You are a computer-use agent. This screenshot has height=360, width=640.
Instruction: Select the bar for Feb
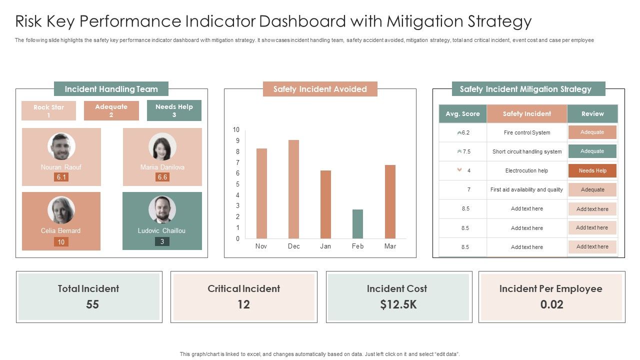tap(357, 224)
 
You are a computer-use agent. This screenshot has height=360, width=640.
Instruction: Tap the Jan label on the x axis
tap(325, 246)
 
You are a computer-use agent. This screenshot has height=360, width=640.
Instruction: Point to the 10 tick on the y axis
tap(236, 129)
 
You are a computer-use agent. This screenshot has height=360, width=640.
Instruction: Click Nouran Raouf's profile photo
tap(61, 146)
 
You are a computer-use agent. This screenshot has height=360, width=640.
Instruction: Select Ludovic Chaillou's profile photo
tap(162, 209)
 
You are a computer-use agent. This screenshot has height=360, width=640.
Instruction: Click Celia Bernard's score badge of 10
tap(61, 242)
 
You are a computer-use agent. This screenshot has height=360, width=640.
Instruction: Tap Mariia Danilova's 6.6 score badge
tap(162, 177)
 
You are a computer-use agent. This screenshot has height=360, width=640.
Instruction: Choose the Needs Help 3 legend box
tap(174, 110)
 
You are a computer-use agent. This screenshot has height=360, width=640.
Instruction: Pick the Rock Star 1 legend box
tap(48, 110)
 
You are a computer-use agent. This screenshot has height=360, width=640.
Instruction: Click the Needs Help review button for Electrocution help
tap(592, 170)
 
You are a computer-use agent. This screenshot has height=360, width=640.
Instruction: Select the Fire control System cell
tap(527, 132)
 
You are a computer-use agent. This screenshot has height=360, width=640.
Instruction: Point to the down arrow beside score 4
tap(459, 170)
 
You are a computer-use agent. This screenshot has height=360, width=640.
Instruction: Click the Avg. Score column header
tap(462, 113)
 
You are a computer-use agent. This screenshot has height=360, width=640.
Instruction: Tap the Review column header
tap(592, 113)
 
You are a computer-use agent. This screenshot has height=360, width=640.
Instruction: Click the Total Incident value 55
tap(92, 304)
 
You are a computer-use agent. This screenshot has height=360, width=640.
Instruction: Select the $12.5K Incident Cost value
tap(398, 304)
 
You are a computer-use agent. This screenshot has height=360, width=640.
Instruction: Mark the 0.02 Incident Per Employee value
tap(551, 304)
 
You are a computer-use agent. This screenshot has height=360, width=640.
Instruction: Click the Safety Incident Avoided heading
tap(320, 89)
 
